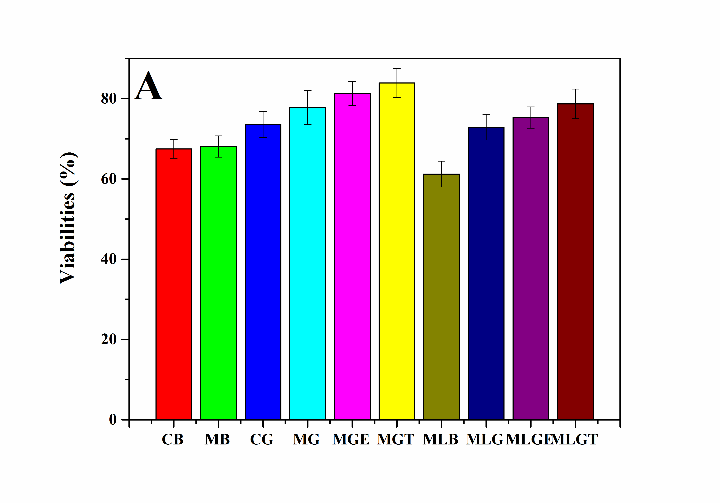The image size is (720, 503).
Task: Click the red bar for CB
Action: (x=174, y=284)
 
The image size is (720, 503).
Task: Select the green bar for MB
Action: (x=218, y=283)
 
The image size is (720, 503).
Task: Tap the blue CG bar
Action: (x=263, y=272)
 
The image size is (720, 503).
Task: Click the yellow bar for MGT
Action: (x=397, y=251)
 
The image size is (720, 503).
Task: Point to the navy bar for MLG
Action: (x=486, y=273)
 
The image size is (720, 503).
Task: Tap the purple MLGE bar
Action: (x=530, y=268)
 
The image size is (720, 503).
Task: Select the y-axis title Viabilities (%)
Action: (x=68, y=218)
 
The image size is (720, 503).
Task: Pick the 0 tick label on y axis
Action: (x=113, y=419)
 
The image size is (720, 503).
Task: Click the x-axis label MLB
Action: (x=440, y=440)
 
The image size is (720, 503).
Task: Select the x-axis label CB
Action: (x=172, y=440)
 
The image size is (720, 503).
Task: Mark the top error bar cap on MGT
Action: (x=397, y=69)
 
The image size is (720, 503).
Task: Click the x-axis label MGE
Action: (x=351, y=440)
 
